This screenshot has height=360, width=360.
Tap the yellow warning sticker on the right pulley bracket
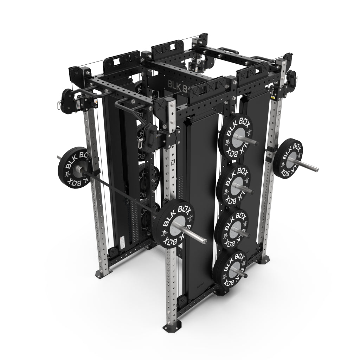[x=273, y=96]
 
